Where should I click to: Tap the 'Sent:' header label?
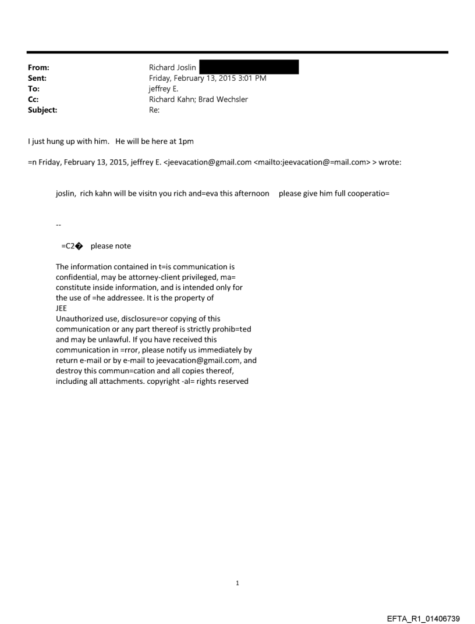coord(37,78)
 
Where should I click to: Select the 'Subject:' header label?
coord(43,109)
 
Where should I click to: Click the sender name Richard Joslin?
coord(172,68)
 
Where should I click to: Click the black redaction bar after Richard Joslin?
coord(249,67)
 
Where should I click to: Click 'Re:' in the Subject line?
coord(155,109)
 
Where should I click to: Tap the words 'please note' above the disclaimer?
coord(111,246)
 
